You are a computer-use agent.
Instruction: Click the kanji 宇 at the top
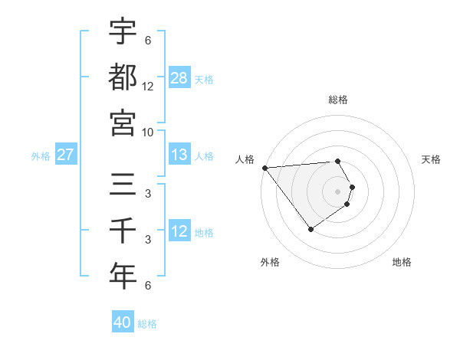tap(123, 31)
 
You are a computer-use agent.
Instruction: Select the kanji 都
tap(123, 77)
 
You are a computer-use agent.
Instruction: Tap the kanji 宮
tap(123, 123)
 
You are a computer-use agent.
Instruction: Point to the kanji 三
tap(123, 185)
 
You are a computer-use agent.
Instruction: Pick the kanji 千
tap(123, 230)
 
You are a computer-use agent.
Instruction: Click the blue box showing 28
tap(179, 77)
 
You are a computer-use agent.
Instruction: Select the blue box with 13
tap(179, 155)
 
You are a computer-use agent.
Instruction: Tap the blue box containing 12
tap(179, 231)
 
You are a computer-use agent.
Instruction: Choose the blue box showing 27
tap(66, 155)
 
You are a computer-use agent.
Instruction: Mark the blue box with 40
tap(123, 322)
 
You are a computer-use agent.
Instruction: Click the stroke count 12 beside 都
tap(148, 87)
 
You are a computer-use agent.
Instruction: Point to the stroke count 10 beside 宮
tap(148, 132)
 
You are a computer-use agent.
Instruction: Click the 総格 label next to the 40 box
tap(147, 324)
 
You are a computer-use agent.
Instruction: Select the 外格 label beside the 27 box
tap(41, 156)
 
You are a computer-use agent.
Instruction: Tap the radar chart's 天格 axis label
tap(432, 159)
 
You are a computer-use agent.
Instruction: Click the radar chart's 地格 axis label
tap(402, 263)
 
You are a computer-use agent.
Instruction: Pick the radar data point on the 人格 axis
tap(264, 167)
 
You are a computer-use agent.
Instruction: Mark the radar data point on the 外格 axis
tap(310, 229)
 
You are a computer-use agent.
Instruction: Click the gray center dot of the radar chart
tap(338, 191)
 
